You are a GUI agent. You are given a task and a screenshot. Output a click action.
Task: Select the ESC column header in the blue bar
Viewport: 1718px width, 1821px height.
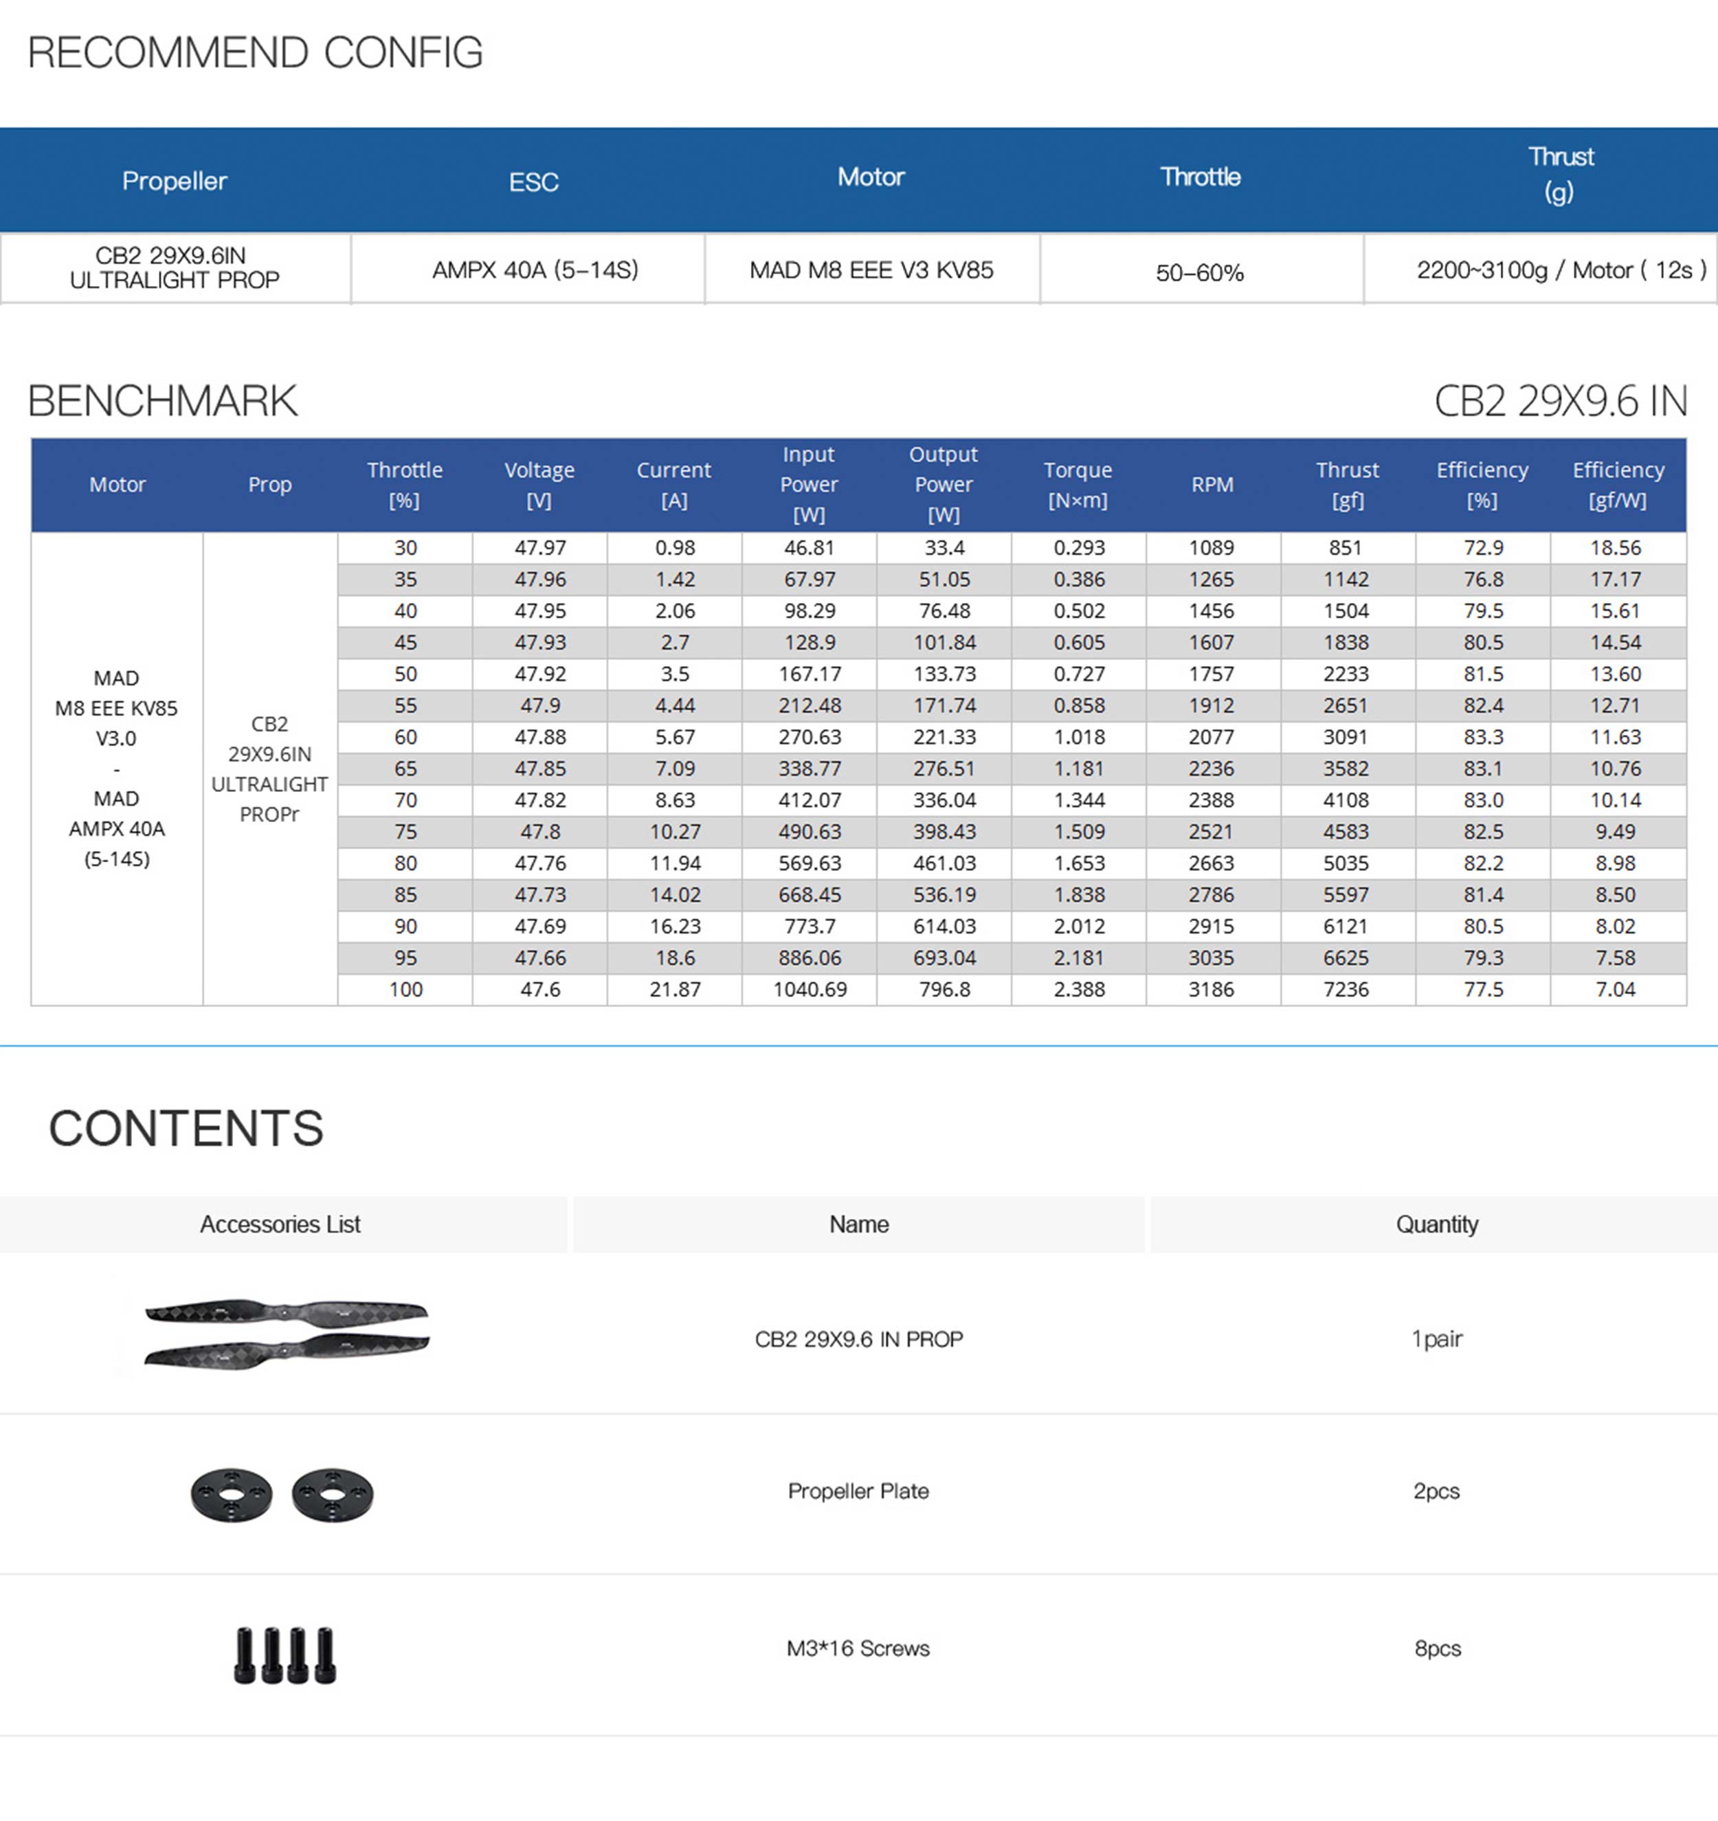(x=533, y=182)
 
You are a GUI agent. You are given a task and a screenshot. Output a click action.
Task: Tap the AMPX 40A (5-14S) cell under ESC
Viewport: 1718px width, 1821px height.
(x=535, y=270)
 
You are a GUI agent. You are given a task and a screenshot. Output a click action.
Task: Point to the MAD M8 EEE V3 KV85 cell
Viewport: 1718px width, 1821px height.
(x=871, y=270)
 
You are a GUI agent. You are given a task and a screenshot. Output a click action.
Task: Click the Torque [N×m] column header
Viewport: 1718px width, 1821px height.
(x=1078, y=485)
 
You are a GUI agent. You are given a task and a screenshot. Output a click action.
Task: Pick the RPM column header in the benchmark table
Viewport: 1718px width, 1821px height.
(x=1212, y=485)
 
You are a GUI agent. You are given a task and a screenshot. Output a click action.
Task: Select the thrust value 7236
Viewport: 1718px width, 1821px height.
(x=1346, y=989)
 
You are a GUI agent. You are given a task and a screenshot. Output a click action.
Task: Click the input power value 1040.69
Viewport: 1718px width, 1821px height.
(x=810, y=989)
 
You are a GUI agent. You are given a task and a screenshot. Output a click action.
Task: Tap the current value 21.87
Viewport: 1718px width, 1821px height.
(x=675, y=989)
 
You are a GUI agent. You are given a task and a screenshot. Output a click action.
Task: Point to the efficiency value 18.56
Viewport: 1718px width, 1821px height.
(x=1616, y=548)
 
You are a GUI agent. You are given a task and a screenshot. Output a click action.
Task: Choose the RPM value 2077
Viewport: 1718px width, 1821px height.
(x=1212, y=738)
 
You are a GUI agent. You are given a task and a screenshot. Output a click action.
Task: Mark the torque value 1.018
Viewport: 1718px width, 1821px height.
(x=1079, y=738)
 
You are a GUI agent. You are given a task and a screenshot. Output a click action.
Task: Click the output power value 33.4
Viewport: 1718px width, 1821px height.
(x=944, y=548)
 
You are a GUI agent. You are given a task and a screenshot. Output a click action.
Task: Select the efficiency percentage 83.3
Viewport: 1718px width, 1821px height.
(x=1483, y=738)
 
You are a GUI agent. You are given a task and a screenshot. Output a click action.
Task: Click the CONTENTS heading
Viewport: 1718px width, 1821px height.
(x=186, y=1127)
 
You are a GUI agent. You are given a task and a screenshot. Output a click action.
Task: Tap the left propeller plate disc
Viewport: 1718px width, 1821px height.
(x=232, y=1495)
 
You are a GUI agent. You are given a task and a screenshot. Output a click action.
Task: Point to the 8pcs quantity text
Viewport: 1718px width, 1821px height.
(x=1437, y=1648)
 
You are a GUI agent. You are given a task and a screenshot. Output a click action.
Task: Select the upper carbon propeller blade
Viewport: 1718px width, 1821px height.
(x=286, y=1312)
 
